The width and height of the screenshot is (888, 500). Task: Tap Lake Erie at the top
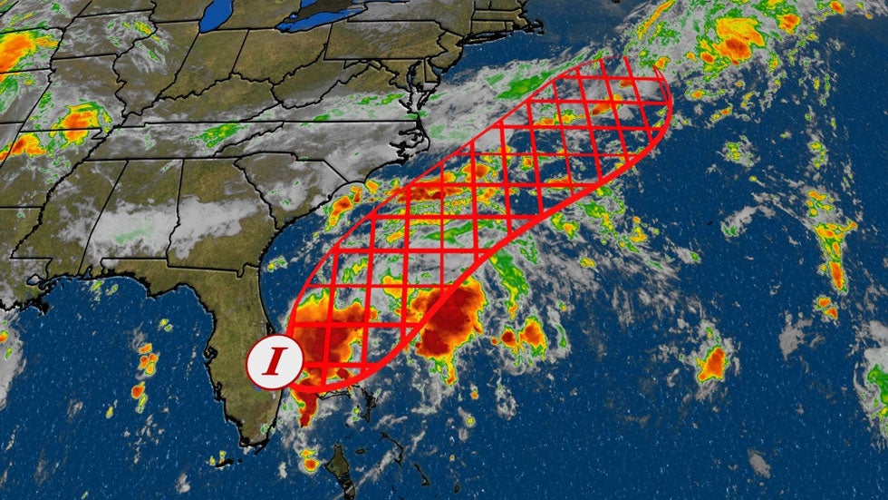click(313, 17)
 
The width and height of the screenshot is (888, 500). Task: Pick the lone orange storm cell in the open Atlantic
click(712, 362)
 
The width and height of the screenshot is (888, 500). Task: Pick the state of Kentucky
click(181, 127)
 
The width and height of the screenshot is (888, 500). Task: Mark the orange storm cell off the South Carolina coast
click(342, 207)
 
